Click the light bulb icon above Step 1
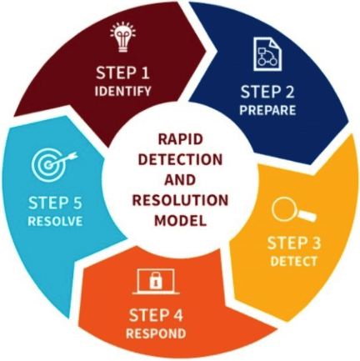coord(123,37)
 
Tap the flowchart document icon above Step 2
coord(267,53)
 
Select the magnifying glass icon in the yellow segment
coord(292,211)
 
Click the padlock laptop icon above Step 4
coord(156,281)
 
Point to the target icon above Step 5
coord(53,165)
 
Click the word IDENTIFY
coord(123,91)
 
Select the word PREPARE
coord(267,110)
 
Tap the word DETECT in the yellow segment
coord(294,261)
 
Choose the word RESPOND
coord(156,333)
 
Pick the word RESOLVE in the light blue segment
coord(55,221)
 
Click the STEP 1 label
coord(123,73)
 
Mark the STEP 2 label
coord(267,92)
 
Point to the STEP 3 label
coord(294,243)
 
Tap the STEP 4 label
coord(156,315)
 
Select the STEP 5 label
coord(55,203)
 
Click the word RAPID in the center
coord(180,139)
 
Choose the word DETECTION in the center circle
coord(180,159)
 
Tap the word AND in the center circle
coord(180,180)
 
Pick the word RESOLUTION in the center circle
coord(180,200)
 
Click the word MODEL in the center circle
coord(180,220)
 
